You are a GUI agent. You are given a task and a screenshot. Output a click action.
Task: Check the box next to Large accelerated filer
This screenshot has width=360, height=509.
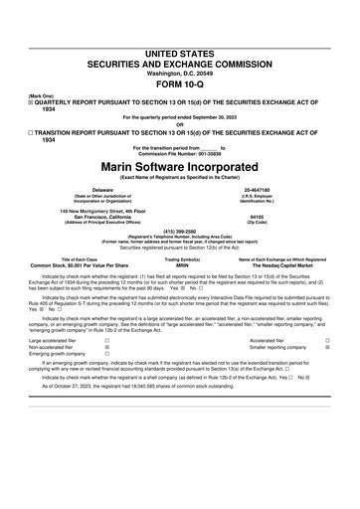click(106, 338)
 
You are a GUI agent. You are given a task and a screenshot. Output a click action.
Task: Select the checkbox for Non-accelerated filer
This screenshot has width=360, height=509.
click(106, 345)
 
